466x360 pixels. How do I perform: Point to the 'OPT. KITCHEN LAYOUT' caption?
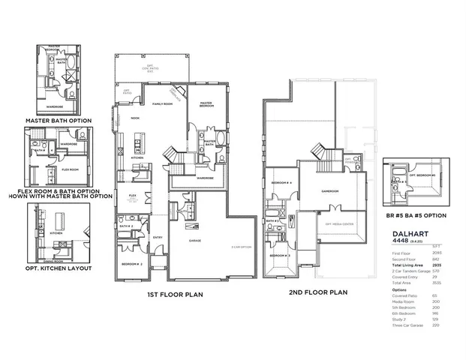click(58, 268)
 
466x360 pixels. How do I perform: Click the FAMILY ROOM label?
click(163, 104)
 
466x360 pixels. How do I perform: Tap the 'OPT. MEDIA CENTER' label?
click(337, 224)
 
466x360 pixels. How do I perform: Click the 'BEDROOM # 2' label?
click(133, 264)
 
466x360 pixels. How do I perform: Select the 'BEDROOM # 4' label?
click(281, 183)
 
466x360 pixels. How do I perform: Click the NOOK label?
click(136, 118)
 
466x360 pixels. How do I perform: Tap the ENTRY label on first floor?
click(158, 238)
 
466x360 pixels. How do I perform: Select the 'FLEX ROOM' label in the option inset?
click(70, 169)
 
